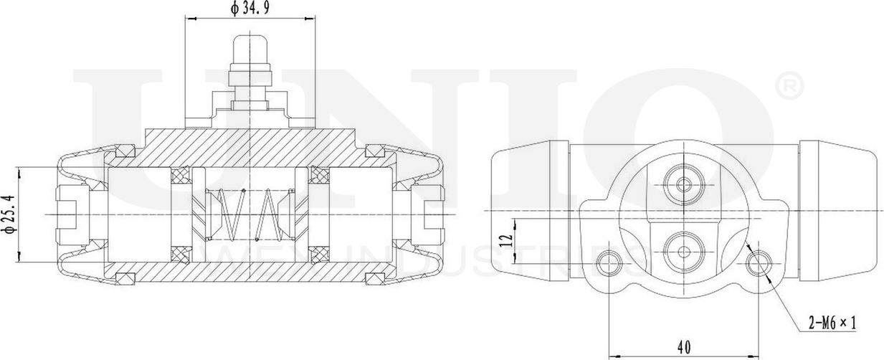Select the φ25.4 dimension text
tap(9, 214)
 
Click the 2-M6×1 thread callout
tap(832, 323)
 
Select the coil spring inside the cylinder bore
tap(249, 214)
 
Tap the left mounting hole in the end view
tap(609, 261)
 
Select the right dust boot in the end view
tap(838, 210)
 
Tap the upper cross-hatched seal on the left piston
tap(179, 174)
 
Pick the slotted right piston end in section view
tap(432, 214)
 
